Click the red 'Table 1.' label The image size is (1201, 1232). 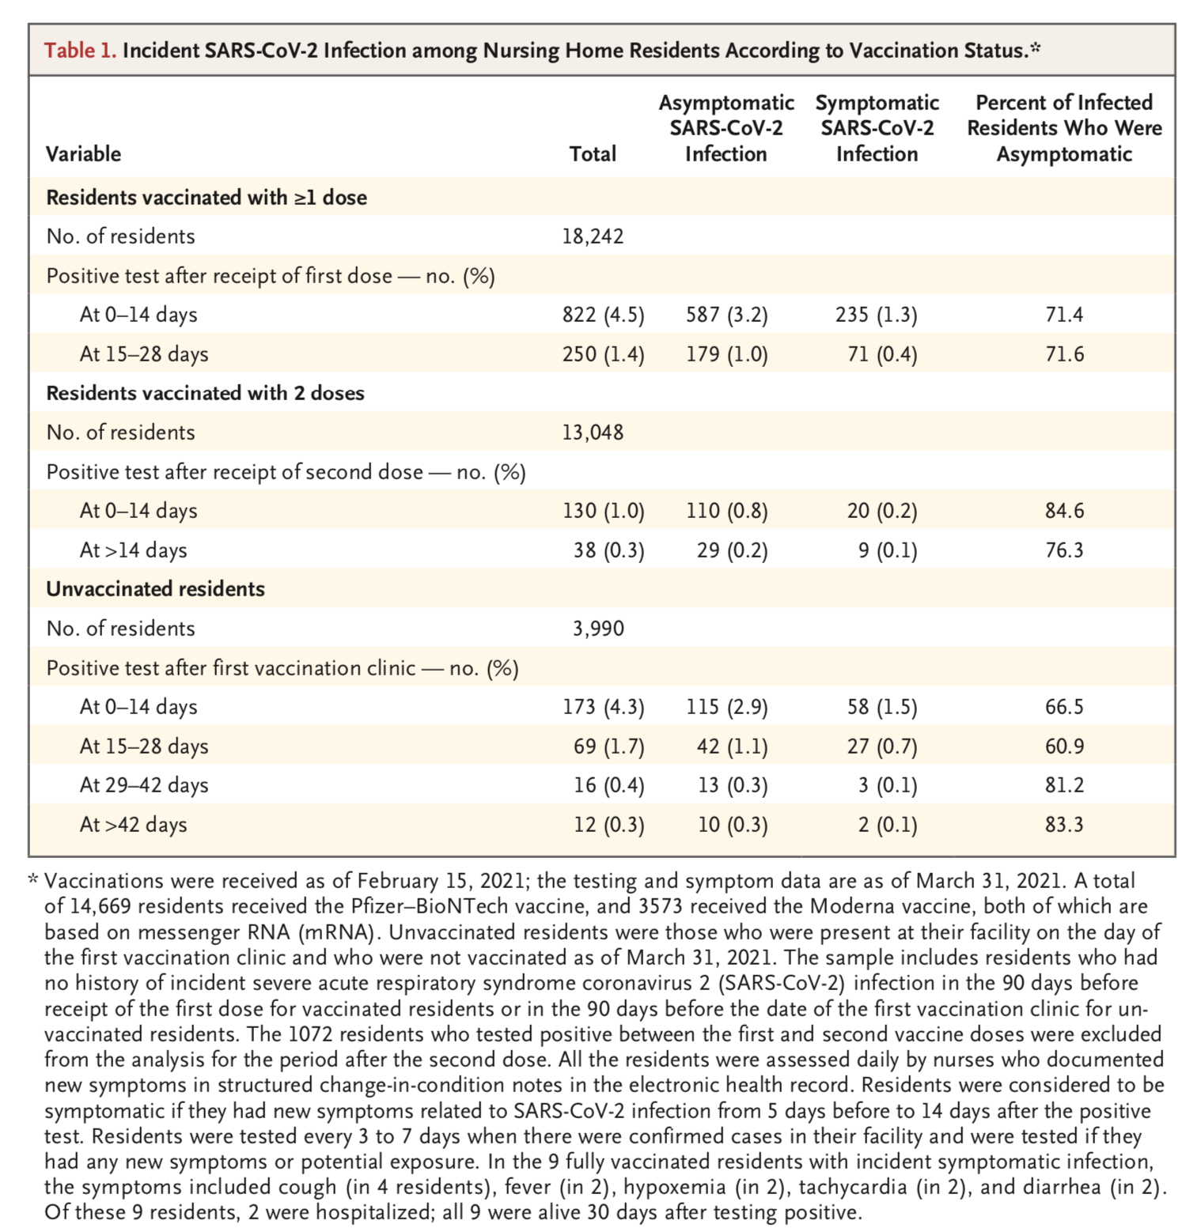pyautogui.click(x=80, y=51)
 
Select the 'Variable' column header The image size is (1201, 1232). pyautogui.click(x=83, y=153)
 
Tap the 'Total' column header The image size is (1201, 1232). pyautogui.click(x=593, y=153)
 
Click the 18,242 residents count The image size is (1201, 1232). pyautogui.click(x=593, y=236)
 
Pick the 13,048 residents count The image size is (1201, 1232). pyautogui.click(x=593, y=433)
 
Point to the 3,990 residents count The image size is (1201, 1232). pyautogui.click(x=598, y=629)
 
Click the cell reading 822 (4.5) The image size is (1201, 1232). pyautogui.click(x=603, y=315)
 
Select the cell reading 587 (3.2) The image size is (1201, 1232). pyautogui.click(x=726, y=315)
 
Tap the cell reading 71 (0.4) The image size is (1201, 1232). pyautogui.click(x=882, y=354)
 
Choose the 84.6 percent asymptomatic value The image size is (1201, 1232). pyautogui.click(x=1064, y=511)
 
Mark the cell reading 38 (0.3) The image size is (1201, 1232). pyautogui.click(x=608, y=550)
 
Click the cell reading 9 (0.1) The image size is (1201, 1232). pyautogui.click(x=888, y=550)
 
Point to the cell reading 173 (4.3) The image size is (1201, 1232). pyautogui.click(x=603, y=707)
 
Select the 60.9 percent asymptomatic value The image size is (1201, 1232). pyautogui.click(x=1064, y=746)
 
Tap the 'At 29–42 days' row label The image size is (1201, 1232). pyautogui.click(x=144, y=785)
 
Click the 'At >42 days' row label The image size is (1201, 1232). pyautogui.click(x=134, y=825)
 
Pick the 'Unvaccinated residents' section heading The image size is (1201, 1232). pyautogui.click(x=155, y=589)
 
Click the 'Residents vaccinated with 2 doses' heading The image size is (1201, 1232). pyautogui.click(x=205, y=393)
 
